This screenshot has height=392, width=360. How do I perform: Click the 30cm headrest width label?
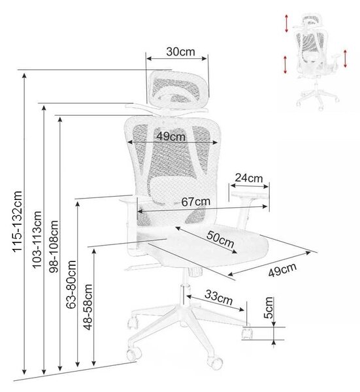180,52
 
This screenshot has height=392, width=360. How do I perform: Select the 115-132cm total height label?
18,221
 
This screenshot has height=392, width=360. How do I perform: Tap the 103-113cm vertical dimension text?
37,240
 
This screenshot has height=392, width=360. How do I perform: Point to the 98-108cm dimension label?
54,246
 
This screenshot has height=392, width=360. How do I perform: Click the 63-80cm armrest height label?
71,284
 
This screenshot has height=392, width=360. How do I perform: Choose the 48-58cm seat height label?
88,307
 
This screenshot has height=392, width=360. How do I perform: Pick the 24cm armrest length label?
249,178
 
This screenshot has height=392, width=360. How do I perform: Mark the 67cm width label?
196,202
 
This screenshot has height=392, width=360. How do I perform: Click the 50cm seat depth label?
220,239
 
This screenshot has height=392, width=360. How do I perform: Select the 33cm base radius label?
218,297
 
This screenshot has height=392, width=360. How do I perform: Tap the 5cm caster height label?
268,308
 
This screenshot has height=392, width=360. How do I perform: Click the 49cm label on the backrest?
171,137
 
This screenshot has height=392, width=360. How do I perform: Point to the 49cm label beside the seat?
282,270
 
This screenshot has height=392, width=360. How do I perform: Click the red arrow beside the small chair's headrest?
287,24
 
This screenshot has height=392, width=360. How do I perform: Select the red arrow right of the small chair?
345,59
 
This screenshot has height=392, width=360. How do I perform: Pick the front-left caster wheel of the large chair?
133,353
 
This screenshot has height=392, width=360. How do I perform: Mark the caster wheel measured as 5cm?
247,333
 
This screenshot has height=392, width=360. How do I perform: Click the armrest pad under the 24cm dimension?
250,195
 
